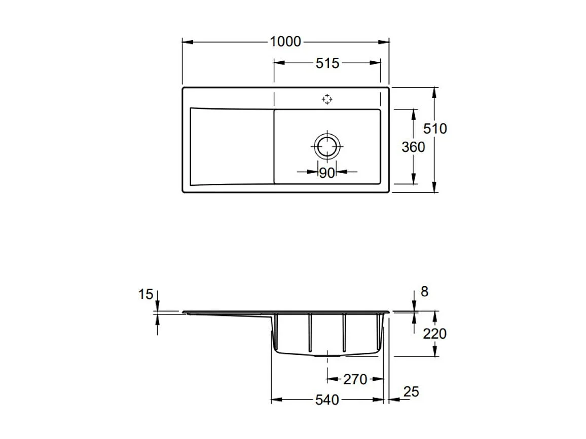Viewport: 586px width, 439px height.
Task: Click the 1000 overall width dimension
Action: coord(285,42)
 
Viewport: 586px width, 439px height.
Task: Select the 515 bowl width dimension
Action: coord(327,63)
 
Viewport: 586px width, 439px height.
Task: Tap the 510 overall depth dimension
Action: coord(435,129)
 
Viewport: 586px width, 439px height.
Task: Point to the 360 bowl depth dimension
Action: coord(413,147)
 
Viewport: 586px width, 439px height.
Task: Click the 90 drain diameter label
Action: coord(326,173)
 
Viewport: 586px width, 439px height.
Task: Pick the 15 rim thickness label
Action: coord(145,295)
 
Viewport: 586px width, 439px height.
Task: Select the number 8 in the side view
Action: coord(424,292)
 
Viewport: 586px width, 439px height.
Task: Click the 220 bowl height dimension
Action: coord(434,333)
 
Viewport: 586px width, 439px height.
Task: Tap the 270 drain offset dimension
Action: coord(355,379)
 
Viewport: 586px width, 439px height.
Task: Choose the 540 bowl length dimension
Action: coord(327,400)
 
